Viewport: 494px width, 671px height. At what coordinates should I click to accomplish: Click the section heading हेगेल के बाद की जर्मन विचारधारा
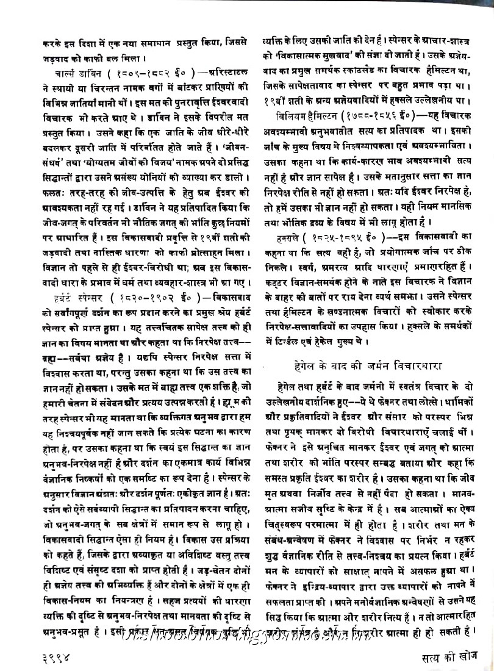coord(367,365)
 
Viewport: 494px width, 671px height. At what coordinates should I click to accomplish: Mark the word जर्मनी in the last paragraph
coord(362,387)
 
